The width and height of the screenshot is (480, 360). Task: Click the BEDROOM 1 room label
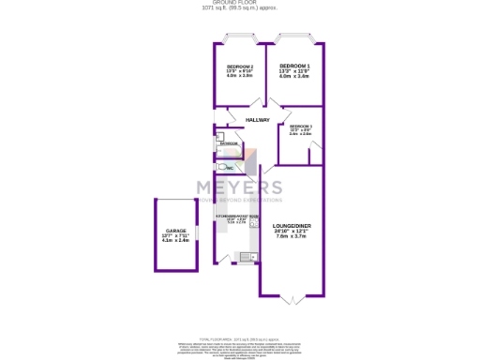293,66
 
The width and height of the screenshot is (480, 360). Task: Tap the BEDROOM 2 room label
240,66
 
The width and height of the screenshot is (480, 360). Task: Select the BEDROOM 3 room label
301,126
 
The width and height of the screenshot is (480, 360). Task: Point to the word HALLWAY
258,120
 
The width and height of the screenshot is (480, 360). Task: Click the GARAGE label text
176,230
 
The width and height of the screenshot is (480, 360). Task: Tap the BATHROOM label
230,143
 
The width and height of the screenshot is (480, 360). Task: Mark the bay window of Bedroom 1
293,39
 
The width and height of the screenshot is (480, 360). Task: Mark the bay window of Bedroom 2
240,39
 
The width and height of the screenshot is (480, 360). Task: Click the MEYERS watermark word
238,187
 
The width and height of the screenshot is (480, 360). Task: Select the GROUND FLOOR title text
240,4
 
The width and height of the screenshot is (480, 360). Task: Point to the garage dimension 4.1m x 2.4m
176,241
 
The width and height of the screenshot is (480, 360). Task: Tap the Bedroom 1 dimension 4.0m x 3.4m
293,76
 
